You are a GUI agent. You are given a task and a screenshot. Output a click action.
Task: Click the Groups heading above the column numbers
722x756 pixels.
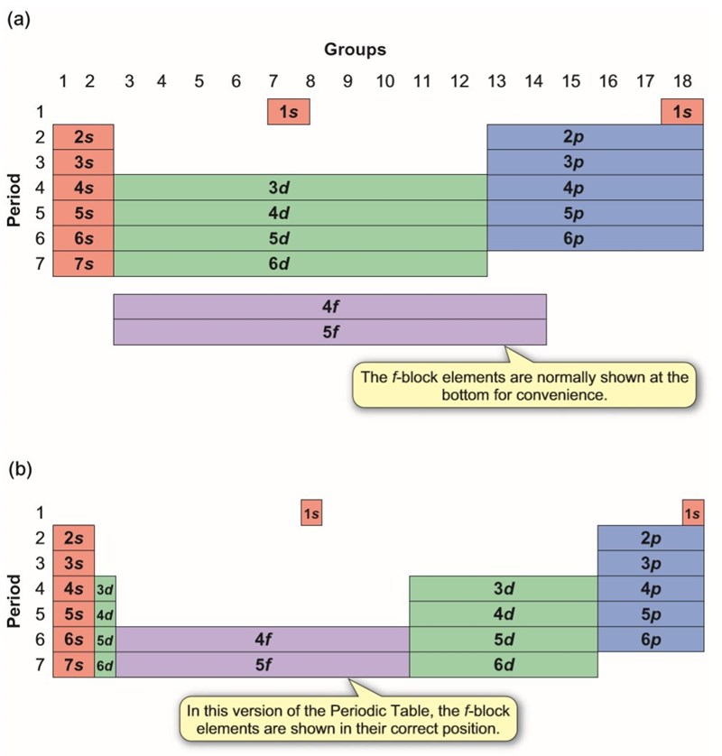(356, 49)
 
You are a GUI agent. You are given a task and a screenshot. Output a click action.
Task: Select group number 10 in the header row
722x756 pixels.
(384, 81)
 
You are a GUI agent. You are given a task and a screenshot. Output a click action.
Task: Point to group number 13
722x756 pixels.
(497, 81)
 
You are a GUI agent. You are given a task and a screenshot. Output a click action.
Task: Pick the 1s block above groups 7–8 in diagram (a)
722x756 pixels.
(289, 112)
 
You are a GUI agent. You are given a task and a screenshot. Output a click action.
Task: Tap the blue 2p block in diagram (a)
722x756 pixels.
(595, 137)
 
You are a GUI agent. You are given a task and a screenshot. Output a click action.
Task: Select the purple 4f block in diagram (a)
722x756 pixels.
(329, 306)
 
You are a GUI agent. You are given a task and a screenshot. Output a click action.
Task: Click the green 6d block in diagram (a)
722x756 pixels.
(300, 263)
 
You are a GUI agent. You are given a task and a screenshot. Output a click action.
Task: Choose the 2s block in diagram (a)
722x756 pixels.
(83, 137)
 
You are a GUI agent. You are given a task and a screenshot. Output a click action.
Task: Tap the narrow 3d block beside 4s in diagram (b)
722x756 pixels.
(105, 589)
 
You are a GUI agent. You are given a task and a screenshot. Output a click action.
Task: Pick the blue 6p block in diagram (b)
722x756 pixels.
(650, 639)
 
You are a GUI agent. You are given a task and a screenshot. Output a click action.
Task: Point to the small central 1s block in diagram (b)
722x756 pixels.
(310, 513)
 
